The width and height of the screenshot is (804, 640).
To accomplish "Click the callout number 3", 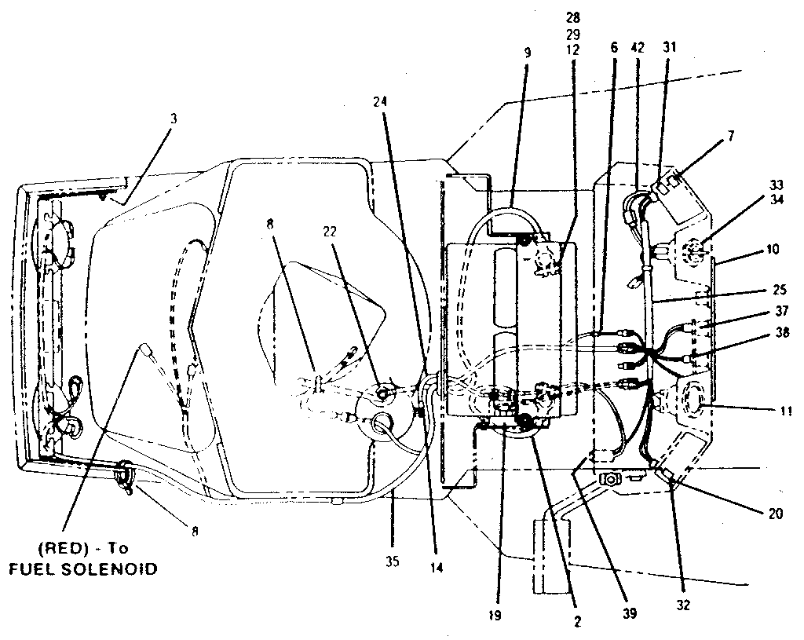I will point(174,119).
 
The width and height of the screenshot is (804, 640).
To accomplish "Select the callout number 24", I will point(382,101).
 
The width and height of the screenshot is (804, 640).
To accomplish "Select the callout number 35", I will point(392,561).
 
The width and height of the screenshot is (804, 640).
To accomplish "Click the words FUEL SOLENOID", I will point(82,569).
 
